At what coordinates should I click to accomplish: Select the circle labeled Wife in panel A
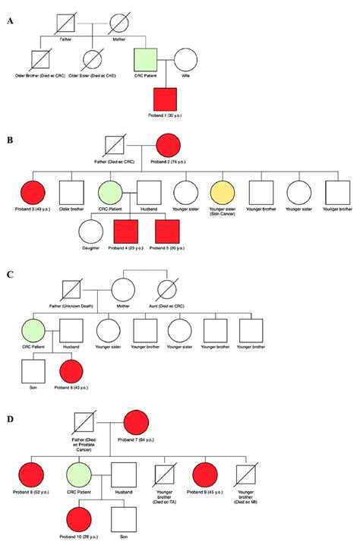click(x=186, y=60)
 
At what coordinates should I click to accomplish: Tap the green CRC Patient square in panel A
click(x=145, y=60)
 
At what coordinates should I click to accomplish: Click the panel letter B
click(x=10, y=140)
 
